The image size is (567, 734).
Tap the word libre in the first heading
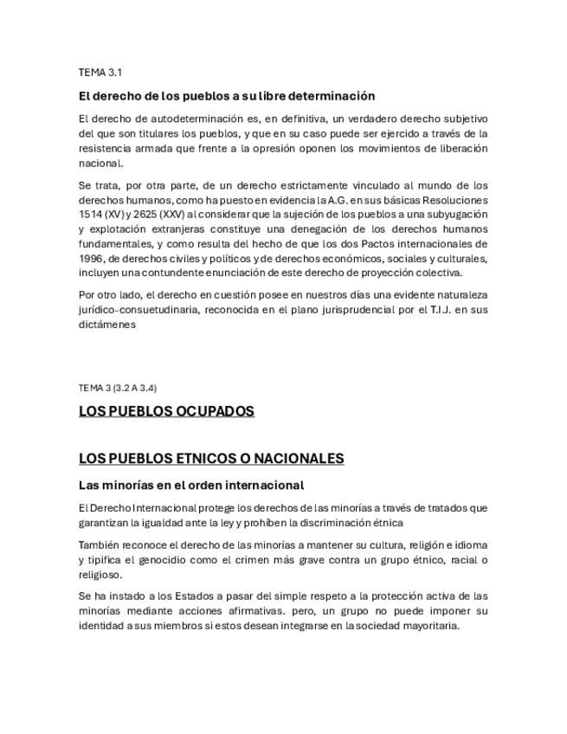pyautogui.click(x=295, y=96)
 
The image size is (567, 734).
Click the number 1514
pyautogui.click(x=90, y=215)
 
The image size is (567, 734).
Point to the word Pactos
pyautogui.click(x=370, y=244)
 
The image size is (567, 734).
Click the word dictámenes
pyautogui.click(x=107, y=325)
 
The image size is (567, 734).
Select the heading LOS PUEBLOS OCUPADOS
pyautogui.click(x=166, y=411)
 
